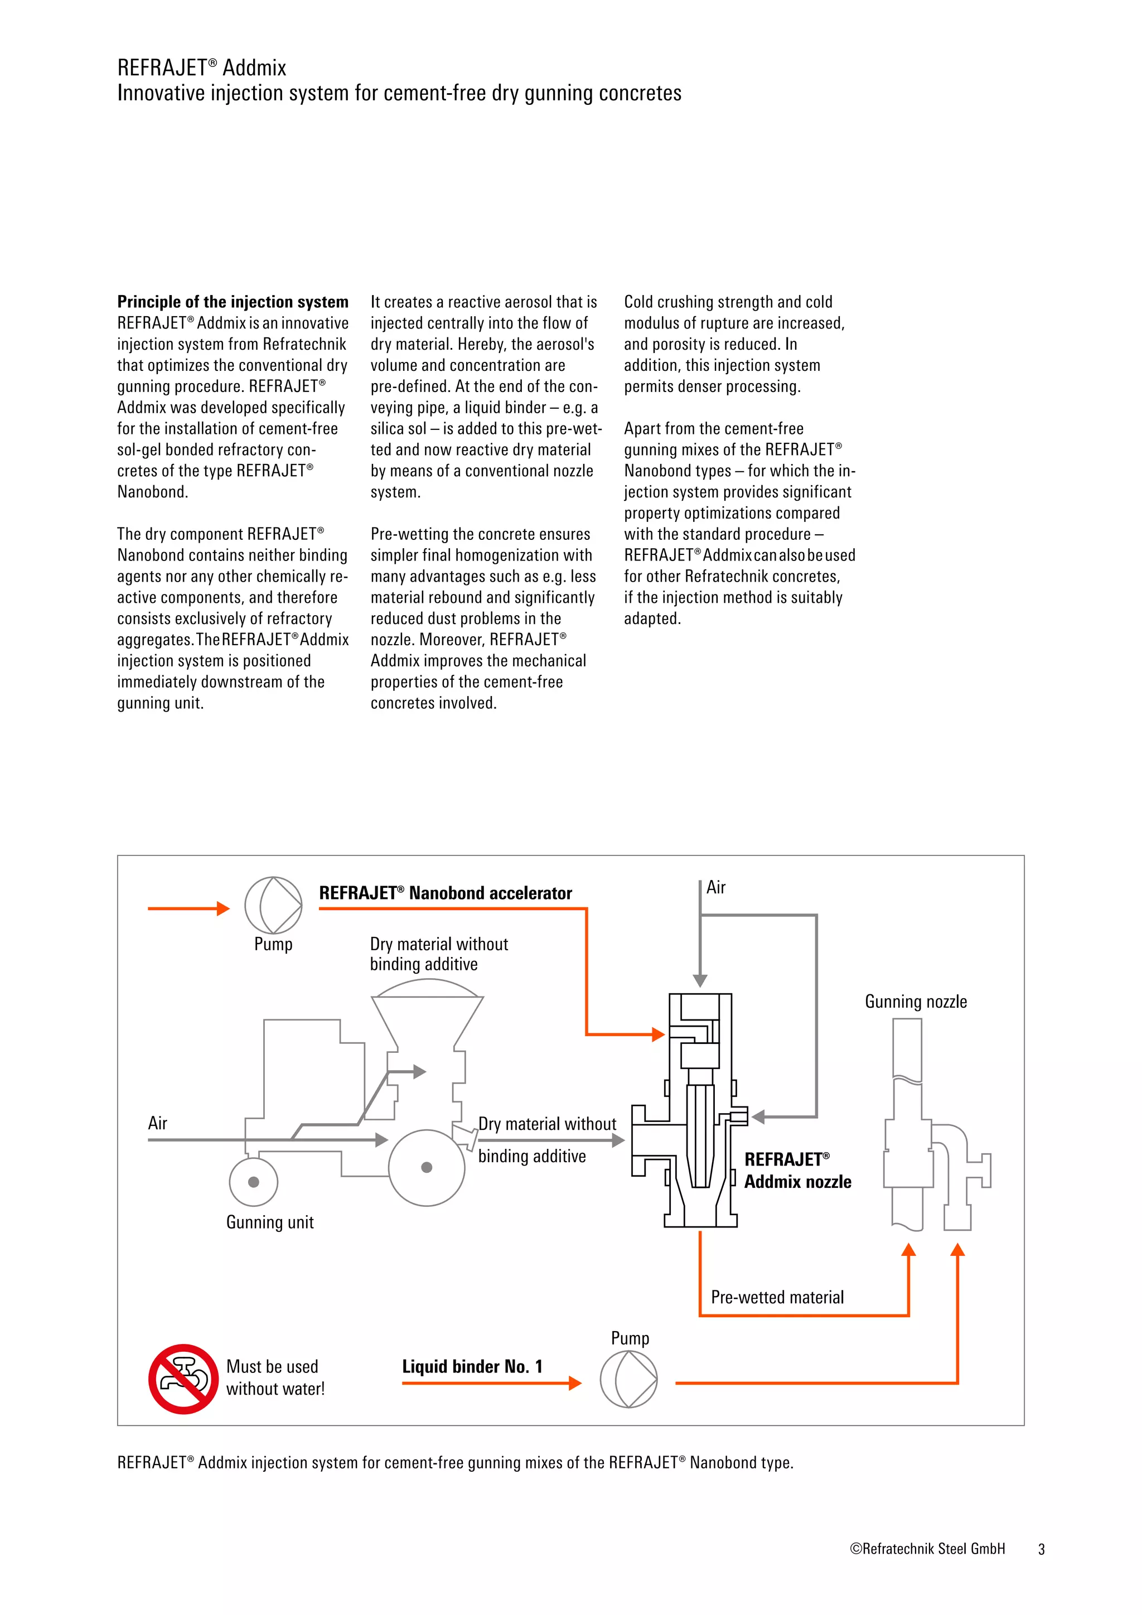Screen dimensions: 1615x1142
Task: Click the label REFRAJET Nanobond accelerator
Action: (x=445, y=893)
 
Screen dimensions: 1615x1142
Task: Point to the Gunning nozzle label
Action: (x=916, y=1002)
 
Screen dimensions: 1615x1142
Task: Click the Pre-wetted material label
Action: (x=777, y=1297)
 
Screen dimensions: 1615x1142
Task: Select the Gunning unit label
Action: (x=269, y=1222)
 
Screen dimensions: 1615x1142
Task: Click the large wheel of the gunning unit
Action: (x=426, y=1168)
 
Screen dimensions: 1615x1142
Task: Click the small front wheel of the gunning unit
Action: (x=254, y=1182)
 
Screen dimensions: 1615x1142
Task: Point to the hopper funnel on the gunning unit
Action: (x=427, y=1020)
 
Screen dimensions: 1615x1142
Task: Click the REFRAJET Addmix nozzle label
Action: (x=797, y=1171)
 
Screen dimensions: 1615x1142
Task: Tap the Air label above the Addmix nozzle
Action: (x=716, y=888)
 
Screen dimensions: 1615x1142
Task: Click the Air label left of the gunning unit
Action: (x=157, y=1123)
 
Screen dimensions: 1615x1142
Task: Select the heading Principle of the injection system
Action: (x=233, y=302)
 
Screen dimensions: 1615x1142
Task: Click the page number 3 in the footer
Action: (x=1042, y=1549)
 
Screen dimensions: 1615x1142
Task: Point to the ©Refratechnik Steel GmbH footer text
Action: (x=927, y=1549)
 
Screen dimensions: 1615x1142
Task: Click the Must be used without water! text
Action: (x=275, y=1377)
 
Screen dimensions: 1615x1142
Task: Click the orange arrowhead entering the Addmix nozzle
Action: (x=658, y=1034)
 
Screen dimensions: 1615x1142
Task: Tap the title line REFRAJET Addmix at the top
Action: (x=202, y=67)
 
